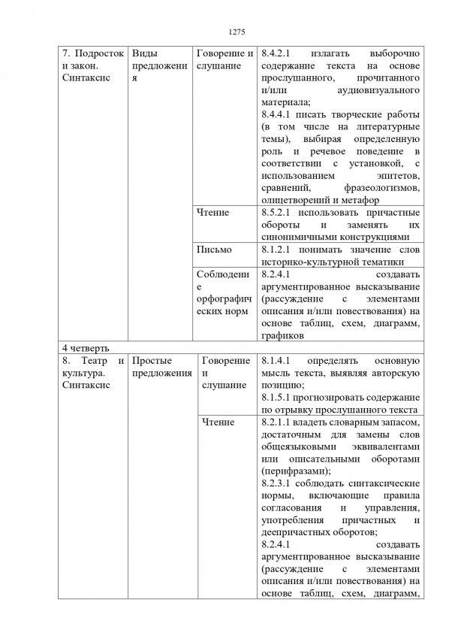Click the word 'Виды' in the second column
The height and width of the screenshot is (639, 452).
coord(143,54)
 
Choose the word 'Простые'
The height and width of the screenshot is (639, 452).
coord(153,361)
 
